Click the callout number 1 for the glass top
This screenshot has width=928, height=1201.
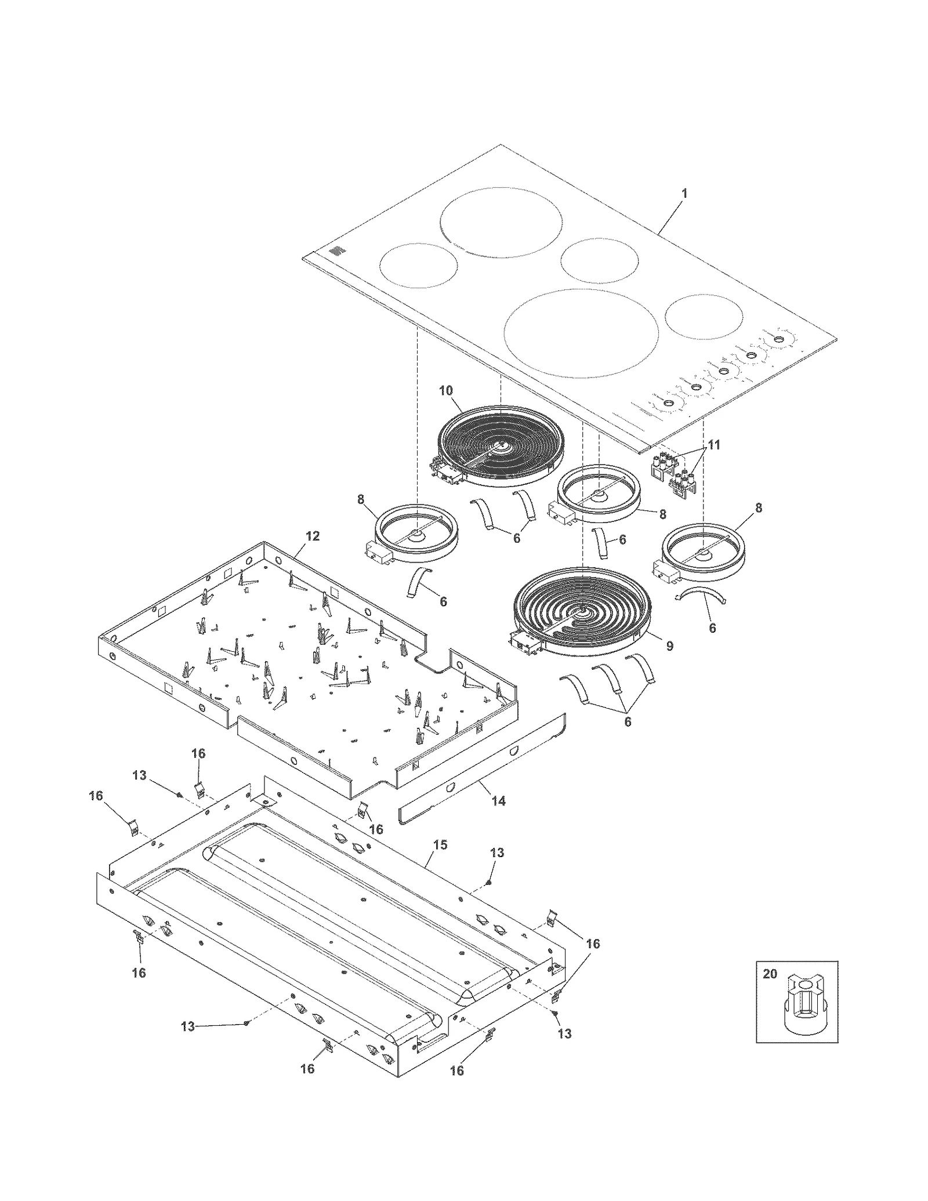pos(684,193)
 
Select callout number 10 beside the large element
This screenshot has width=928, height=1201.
pos(445,390)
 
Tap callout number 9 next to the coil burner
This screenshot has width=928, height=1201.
pos(669,645)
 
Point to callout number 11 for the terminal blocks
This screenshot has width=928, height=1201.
pos(714,445)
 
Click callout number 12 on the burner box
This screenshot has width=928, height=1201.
pos(312,536)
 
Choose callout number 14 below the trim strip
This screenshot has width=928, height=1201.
pos(498,801)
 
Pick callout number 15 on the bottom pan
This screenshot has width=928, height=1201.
pos(440,845)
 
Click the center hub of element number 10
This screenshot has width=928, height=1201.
pos(501,446)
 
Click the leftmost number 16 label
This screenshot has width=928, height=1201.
pos(96,796)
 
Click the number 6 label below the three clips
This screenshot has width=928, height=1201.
pos(627,722)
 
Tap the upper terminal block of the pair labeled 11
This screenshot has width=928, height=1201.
pos(662,465)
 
